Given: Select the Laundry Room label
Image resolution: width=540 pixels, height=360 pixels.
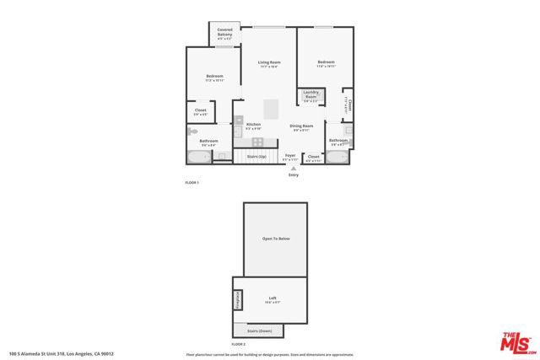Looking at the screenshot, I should click(310, 96).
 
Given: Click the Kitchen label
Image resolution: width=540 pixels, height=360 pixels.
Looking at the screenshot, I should click(253, 126).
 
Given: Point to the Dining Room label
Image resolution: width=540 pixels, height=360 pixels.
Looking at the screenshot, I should click(301, 128).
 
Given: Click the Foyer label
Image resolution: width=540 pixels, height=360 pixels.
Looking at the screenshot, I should click(290, 157).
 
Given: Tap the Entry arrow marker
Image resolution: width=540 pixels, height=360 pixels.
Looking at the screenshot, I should click(294, 169).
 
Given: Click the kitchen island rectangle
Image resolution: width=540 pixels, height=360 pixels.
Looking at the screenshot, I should click(272, 110).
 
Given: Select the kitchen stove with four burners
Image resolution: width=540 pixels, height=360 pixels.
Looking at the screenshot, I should click(257, 142).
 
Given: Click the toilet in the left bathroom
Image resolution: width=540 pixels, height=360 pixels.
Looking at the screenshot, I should click(193, 132).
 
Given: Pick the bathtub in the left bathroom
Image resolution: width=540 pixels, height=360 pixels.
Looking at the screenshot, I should click(199, 157).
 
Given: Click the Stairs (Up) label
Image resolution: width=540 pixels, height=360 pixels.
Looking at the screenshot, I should click(256, 157).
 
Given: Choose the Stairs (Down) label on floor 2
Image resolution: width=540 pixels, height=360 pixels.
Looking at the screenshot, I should click(259, 331).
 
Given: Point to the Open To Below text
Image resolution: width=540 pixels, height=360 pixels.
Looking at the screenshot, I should click(276, 239).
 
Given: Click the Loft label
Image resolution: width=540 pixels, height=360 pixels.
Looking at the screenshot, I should click(273, 298).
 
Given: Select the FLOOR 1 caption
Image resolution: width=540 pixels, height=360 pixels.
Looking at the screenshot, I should click(192, 182).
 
